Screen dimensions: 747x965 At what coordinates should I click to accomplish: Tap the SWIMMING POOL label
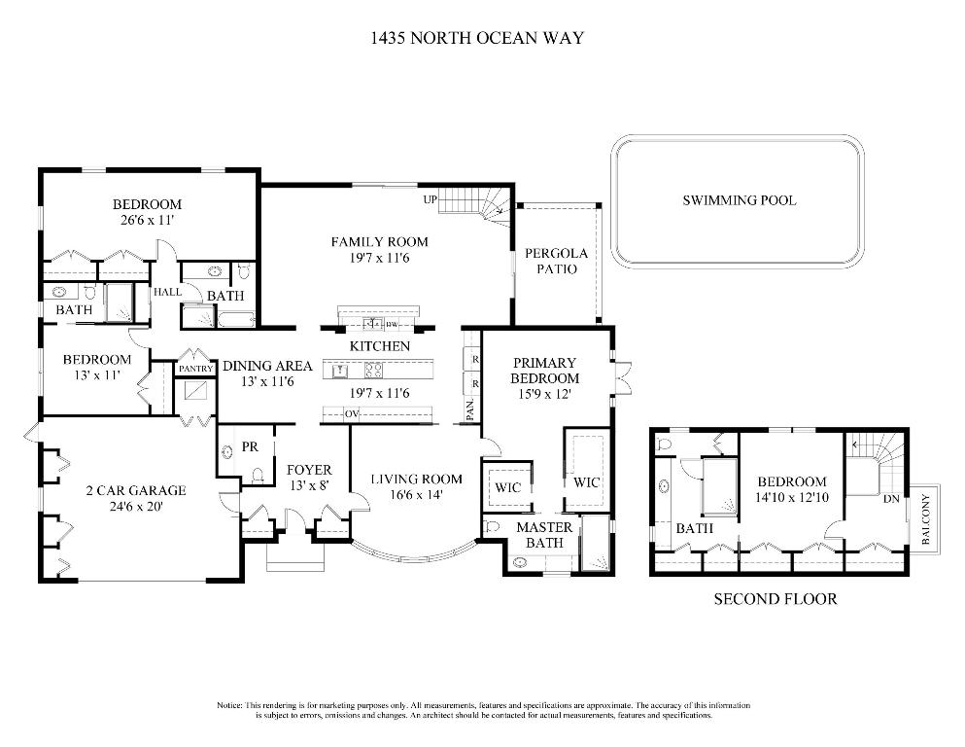(739, 200)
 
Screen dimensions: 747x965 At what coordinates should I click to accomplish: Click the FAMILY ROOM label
(379, 242)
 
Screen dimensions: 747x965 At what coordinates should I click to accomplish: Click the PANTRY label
(194, 369)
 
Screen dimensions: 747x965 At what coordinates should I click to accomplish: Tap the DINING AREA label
(267, 366)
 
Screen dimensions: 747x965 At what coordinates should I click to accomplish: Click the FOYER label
(309, 470)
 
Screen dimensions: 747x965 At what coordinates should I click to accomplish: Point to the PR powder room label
(250, 446)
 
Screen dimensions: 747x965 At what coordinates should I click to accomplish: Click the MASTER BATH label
(544, 535)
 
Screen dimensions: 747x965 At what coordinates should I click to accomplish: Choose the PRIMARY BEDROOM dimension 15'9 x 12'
(545, 394)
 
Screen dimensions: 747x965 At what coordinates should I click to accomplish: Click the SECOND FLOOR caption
(775, 599)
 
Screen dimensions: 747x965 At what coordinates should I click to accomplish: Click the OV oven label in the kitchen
(352, 414)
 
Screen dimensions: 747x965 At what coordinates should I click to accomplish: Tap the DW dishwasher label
(392, 324)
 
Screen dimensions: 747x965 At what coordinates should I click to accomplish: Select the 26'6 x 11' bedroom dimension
(147, 221)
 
